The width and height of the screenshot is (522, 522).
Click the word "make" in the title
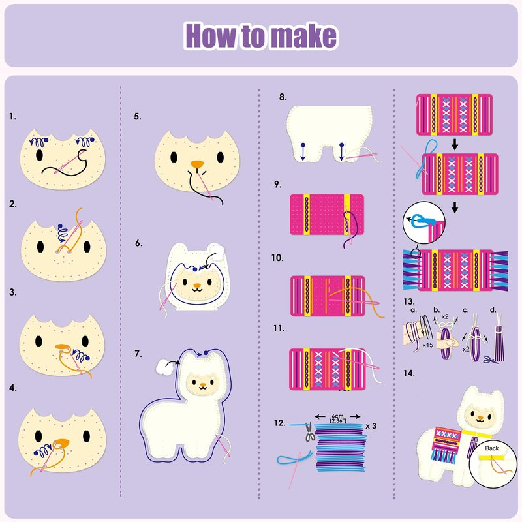click(x=303, y=36)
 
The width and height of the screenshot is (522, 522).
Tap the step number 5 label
click(x=138, y=117)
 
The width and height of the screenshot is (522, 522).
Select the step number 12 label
click(x=280, y=423)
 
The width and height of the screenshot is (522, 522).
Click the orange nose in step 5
click(x=197, y=164)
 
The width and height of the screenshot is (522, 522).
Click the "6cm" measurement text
click(x=337, y=416)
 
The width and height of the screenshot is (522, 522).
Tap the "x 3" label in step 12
click(x=371, y=426)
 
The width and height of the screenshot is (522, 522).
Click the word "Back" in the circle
click(x=492, y=448)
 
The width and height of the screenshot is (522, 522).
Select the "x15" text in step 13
click(x=427, y=345)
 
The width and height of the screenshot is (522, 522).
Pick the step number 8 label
click(x=283, y=97)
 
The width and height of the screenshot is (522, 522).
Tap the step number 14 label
click(x=409, y=373)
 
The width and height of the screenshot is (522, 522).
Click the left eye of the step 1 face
click(x=39, y=155)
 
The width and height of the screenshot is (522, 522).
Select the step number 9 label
click(x=277, y=184)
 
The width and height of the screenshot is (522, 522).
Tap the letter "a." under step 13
click(x=414, y=310)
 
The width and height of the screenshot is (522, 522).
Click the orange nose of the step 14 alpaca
click(x=480, y=418)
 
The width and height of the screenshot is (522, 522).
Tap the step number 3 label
click(x=12, y=292)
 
